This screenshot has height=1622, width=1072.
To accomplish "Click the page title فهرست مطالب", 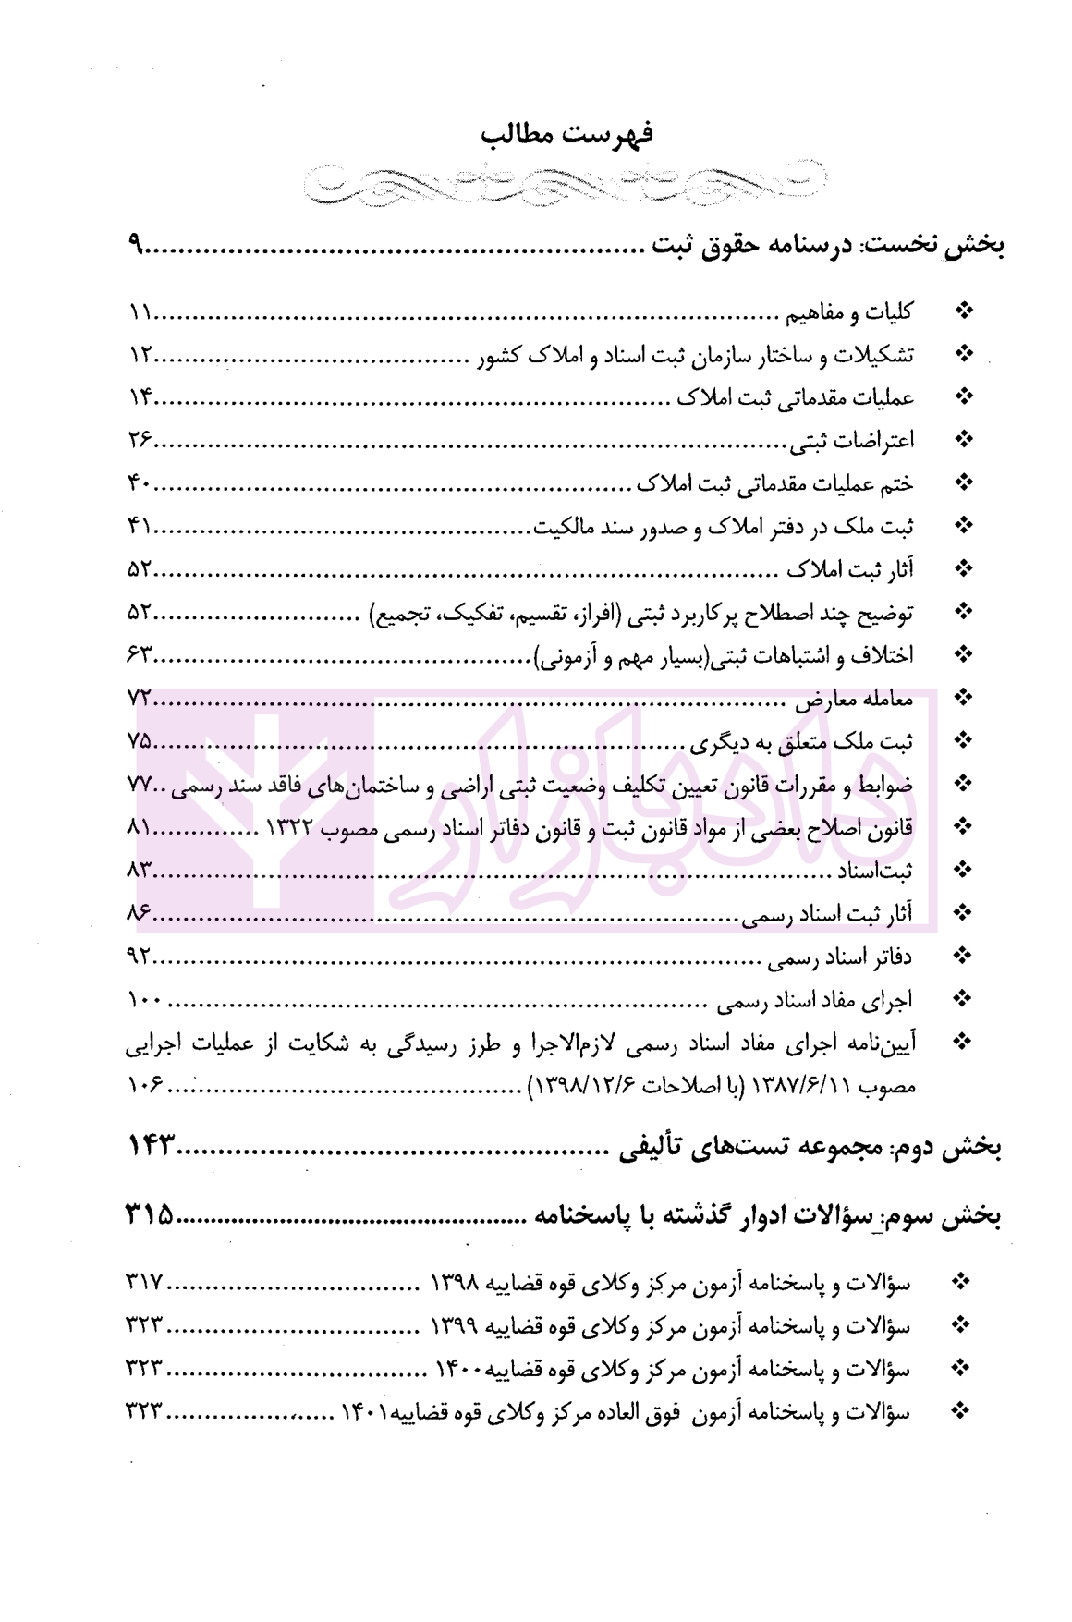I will click(566, 135).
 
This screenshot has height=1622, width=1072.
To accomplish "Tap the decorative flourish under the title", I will click(564, 182).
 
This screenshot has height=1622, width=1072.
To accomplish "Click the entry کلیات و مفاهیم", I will click(849, 313).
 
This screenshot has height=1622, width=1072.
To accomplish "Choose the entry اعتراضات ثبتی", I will click(851, 441).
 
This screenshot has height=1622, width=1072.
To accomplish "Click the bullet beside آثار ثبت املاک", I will click(964, 569).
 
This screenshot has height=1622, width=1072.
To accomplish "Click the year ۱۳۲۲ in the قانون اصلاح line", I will click(292, 828).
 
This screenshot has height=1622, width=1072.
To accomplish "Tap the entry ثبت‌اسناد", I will click(874, 871).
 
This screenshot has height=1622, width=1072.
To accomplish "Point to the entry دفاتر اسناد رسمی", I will click(840, 957).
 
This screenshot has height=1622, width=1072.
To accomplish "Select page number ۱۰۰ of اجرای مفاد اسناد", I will click(143, 1000).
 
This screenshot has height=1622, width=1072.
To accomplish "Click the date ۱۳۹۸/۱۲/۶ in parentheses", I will click(573, 1086).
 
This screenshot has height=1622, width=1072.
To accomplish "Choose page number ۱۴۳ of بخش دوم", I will click(150, 1147).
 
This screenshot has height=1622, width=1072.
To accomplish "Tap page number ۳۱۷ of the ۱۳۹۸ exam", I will click(144, 1283).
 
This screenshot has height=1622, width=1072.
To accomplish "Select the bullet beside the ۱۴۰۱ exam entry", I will click(962, 1411).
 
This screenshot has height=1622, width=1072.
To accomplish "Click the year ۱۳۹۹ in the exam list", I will click(453, 1326).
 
